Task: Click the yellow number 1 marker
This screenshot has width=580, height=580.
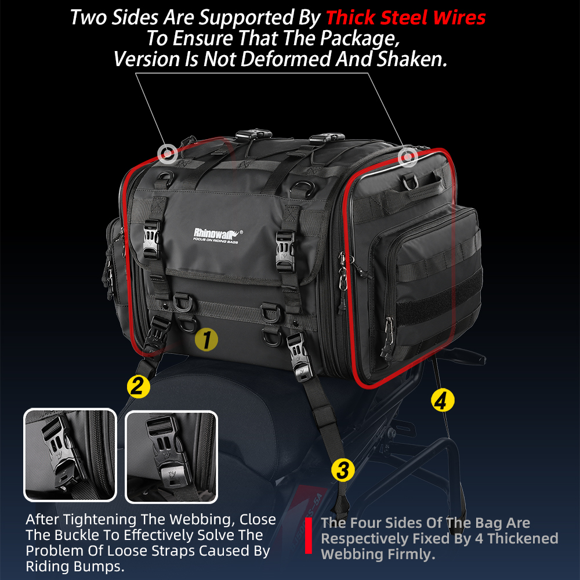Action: tap(206, 339)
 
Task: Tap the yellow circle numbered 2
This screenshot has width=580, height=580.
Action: tap(139, 386)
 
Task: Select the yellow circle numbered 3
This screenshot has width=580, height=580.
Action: tap(343, 470)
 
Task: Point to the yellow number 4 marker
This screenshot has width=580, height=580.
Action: tap(443, 400)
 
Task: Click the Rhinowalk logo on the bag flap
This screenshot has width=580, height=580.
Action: tap(218, 235)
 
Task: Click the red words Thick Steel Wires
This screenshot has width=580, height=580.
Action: tap(405, 17)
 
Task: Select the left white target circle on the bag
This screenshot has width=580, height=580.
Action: tap(168, 153)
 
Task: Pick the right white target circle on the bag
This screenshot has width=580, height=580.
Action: tap(408, 157)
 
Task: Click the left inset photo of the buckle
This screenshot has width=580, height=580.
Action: tap(70, 455)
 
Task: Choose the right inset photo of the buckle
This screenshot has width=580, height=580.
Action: tap(171, 457)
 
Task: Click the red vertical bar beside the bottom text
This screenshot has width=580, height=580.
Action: tap(309, 535)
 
